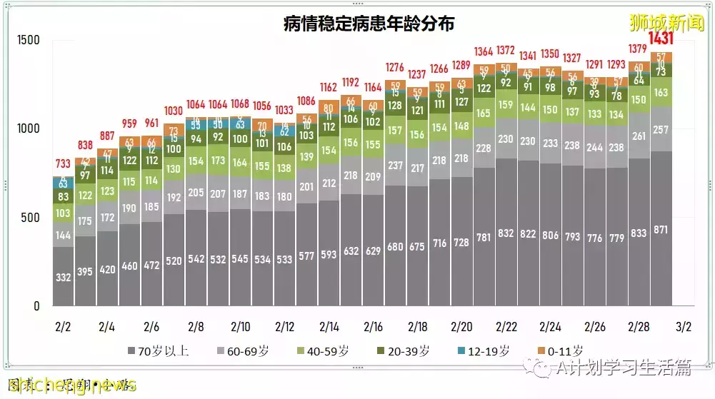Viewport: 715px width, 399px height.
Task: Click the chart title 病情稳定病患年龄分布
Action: pos(369,24)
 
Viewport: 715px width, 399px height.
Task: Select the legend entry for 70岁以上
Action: pos(158,351)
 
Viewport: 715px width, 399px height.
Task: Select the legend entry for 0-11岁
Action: pos(561,351)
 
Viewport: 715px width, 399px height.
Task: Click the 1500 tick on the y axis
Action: pos(28,40)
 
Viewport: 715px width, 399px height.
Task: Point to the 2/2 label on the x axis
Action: pos(62,327)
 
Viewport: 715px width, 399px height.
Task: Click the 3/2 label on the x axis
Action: pos(683,327)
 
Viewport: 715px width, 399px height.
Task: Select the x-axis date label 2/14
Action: pos(329,327)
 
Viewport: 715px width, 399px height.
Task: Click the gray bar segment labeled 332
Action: pos(64,277)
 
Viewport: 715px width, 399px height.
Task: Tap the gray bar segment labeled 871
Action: pos(661,228)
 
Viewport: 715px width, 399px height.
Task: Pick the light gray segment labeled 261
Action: pos(639,136)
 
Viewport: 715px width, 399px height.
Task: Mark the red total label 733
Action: pos(64,163)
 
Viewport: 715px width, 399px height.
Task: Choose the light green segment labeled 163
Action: pos(661,92)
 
